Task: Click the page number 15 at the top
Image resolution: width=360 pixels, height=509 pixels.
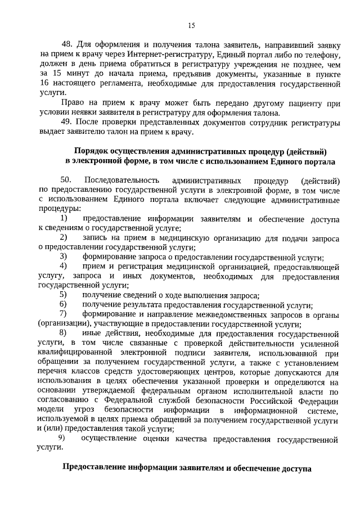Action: [x=191, y=25]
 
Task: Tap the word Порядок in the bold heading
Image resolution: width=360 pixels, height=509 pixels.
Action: [x=93, y=151]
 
